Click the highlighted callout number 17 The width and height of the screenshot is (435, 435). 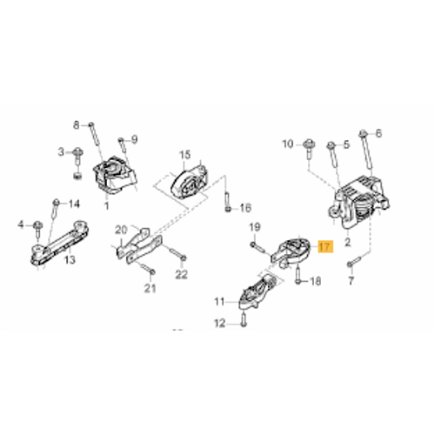[325, 247]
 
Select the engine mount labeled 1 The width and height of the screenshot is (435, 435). [115, 176]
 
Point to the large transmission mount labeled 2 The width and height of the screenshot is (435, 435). [358, 202]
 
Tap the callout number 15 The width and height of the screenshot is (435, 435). [185, 155]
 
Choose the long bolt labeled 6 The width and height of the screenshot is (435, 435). [366, 150]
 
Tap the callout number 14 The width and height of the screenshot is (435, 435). [74, 204]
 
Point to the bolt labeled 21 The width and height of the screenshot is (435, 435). [147, 268]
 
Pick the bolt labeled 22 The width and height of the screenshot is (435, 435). [177, 253]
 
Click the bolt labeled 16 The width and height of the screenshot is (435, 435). [228, 201]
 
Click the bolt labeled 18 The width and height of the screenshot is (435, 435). [298, 275]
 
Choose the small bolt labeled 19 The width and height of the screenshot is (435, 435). [259, 248]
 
